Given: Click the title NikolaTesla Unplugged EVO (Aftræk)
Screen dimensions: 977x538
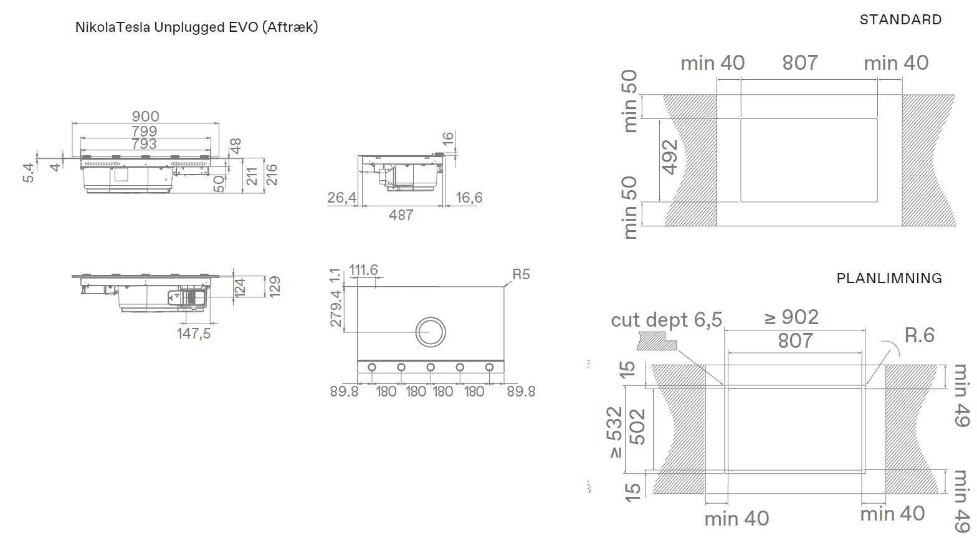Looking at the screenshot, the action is (197, 27).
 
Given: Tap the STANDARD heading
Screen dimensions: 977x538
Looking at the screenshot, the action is (901, 19).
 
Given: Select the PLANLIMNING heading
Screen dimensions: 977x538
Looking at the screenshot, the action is (889, 279).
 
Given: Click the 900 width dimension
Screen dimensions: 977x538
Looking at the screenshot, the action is (146, 117).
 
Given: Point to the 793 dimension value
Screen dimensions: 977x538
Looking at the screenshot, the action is (145, 143).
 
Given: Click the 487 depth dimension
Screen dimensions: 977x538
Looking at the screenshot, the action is (401, 215).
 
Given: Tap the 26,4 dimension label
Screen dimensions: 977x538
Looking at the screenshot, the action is (342, 198).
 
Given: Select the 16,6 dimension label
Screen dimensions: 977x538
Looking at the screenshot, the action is (469, 198).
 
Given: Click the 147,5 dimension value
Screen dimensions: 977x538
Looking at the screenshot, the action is (194, 334).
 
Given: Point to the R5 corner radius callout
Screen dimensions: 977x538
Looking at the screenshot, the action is (521, 274).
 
